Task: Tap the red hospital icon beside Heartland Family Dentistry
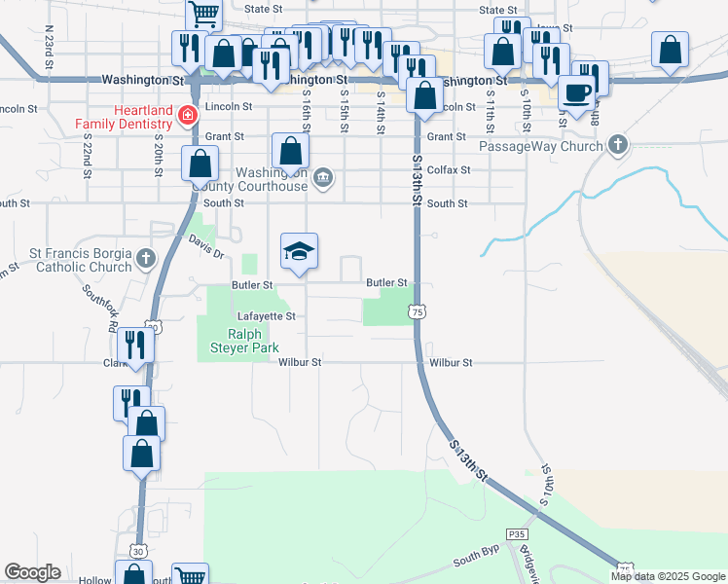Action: click(x=186, y=117)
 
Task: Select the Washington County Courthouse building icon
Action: click(x=325, y=177)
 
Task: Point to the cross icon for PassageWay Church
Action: click(x=615, y=146)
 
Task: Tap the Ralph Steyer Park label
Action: click(x=239, y=340)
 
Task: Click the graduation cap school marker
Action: click(x=300, y=252)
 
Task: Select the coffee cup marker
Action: click(x=577, y=92)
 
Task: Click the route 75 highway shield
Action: click(x=417, y=311)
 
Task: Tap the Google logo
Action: click(x=32, y=572)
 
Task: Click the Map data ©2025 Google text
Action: click(x=668, y=576)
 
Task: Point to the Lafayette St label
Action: click(x=266, y=316)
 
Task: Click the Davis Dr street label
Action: click(x=206, y=247)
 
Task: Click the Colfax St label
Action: click(x=449, y=169)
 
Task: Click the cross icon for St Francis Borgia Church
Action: click(x=146, y=258)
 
